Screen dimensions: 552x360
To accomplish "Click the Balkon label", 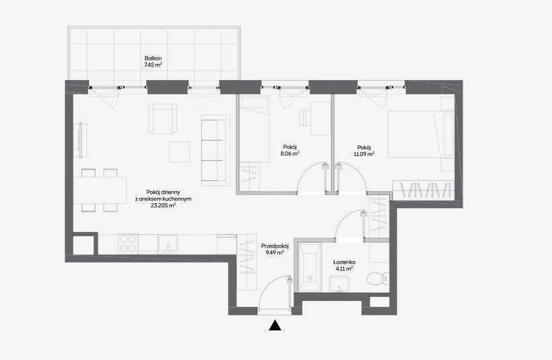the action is (153, 59).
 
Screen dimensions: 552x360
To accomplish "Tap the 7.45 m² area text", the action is (153, 65).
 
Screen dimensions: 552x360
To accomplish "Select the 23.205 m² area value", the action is (164, 206).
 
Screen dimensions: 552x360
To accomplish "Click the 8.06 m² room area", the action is (290, 153).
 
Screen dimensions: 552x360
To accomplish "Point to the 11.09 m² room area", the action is (364, 154).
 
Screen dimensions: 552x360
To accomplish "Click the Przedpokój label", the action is (275, 246).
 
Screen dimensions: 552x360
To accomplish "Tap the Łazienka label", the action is (344, 262).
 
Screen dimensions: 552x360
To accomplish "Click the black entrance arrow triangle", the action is (275, 326).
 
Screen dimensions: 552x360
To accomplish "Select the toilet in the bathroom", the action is (378, 279).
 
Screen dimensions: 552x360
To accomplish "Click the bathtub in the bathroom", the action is (310, 267).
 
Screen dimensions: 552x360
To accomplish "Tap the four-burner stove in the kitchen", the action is (128, 244).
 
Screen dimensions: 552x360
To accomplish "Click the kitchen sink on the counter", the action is (168, 244).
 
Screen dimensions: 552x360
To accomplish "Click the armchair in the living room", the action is (162, 118).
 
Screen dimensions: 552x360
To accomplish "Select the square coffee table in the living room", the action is (179, 151).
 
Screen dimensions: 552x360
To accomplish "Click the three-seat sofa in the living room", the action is (215, 150).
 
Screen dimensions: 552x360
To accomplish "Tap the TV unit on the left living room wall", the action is (81, 140).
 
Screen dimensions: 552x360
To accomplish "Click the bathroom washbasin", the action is (339, 284).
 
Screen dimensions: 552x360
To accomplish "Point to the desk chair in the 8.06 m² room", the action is (304, 118).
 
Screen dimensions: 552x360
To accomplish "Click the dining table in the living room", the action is (100, 190).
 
